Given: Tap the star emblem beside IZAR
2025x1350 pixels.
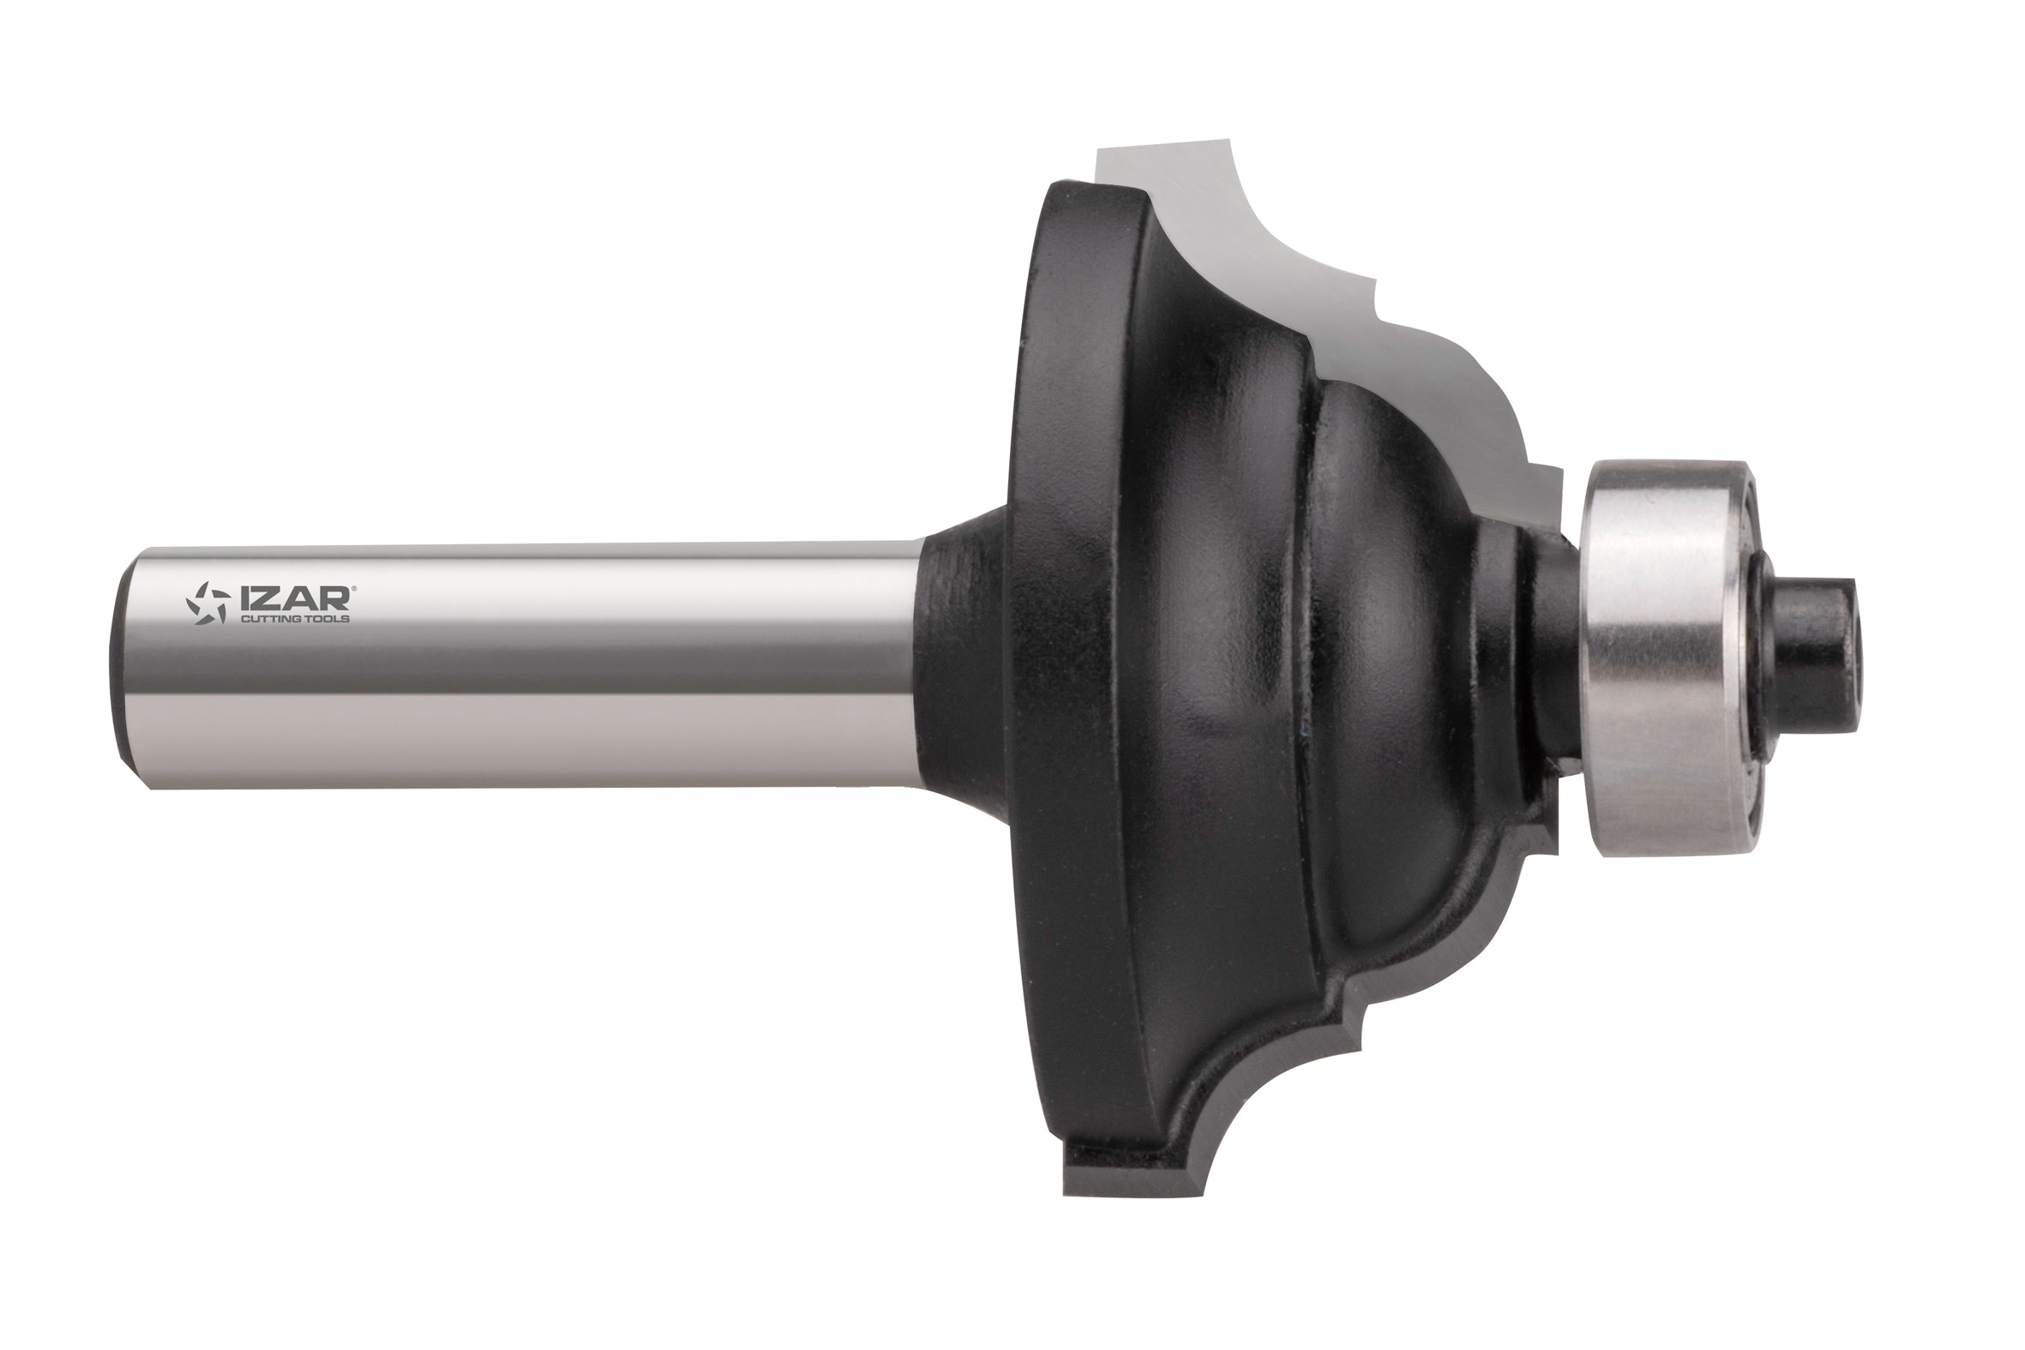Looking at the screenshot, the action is (x=208, y=603).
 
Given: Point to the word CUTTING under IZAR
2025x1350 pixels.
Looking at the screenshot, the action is (x=261, y=618).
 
